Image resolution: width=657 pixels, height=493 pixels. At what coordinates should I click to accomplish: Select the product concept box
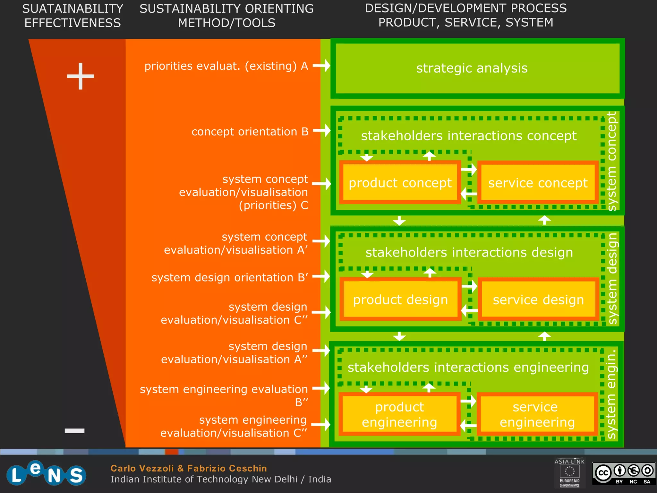pyautogui.click(x=400, y=183)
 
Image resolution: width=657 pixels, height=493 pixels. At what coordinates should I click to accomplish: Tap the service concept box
pyautogui.click(x=538, y=183)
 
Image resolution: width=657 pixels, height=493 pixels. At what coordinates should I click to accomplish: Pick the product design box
pyautogui.click(x=400, y=299)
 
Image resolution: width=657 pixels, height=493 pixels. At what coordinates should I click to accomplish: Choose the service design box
pyautogui.click(x=538, y=299)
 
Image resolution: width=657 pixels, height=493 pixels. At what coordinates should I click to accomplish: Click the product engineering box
pyautogui.click(x=399, y=414)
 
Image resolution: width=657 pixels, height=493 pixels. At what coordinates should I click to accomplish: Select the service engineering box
pyautogui.click(x=537, y=414)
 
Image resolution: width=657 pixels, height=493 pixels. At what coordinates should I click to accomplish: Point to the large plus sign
pyautogui.click(x=80, y=76)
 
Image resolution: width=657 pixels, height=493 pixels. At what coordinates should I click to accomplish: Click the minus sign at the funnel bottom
pyautogui.click(x=74, y=431)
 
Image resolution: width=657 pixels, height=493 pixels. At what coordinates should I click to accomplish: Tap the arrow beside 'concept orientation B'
pyautogui.click(x=322, y=130)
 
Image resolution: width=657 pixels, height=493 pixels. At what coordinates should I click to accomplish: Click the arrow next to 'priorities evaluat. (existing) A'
pyautogui.click(x=322, y=65)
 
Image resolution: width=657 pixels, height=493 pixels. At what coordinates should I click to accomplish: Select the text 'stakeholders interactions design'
pyautogui.click(x=469, y=252)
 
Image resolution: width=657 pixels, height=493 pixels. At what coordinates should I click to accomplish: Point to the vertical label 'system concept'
pyautogui.click(x=612, y=161)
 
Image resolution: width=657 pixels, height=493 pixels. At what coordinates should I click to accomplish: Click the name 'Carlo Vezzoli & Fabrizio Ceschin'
pyautogui.click(x=189, y=468)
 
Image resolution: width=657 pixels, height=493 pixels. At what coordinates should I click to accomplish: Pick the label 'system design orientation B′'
pyautogui.click(x=230, y=277)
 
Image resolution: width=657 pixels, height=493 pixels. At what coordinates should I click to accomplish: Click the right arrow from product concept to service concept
pyautogui.click(x=469, y=169)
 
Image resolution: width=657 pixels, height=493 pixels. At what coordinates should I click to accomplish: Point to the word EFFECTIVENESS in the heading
pyautogui.click(x=73, y=23)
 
